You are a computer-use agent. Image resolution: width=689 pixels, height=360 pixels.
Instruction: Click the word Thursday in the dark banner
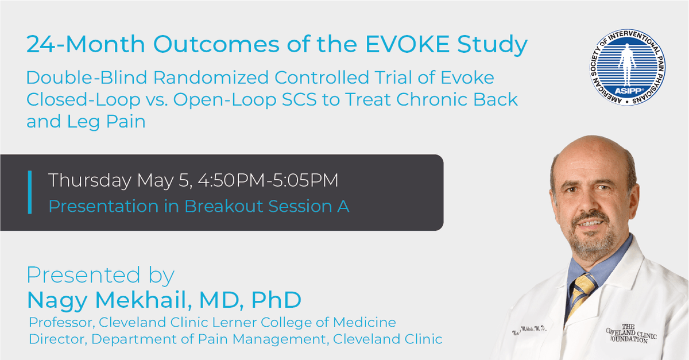click(90, 181)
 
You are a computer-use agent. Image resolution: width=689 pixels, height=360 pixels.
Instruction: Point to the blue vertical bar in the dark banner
click(29, 192)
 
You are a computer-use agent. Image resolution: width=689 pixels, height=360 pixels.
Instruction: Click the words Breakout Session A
click(266, 206)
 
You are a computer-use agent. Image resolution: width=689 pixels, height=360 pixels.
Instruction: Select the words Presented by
click(100, 276)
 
